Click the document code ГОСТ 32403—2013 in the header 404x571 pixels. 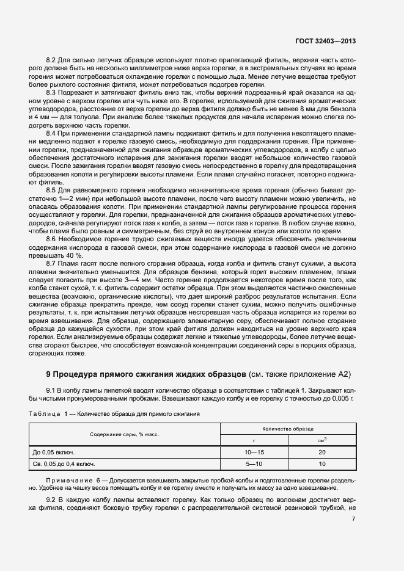[x=324, y=41]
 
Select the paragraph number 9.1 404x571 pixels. [x=51, y=390]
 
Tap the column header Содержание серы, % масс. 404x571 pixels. [x=124, y=434]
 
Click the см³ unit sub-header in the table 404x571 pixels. [x=321, y=440]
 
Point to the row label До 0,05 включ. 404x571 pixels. [x=53, y=453]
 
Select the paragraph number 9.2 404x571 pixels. [x=51, y=500]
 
